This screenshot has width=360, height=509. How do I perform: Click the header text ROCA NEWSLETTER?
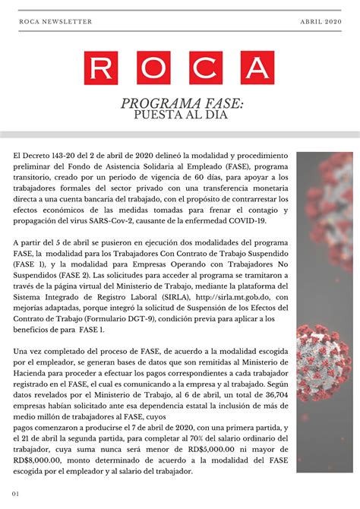tap(55, 22)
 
